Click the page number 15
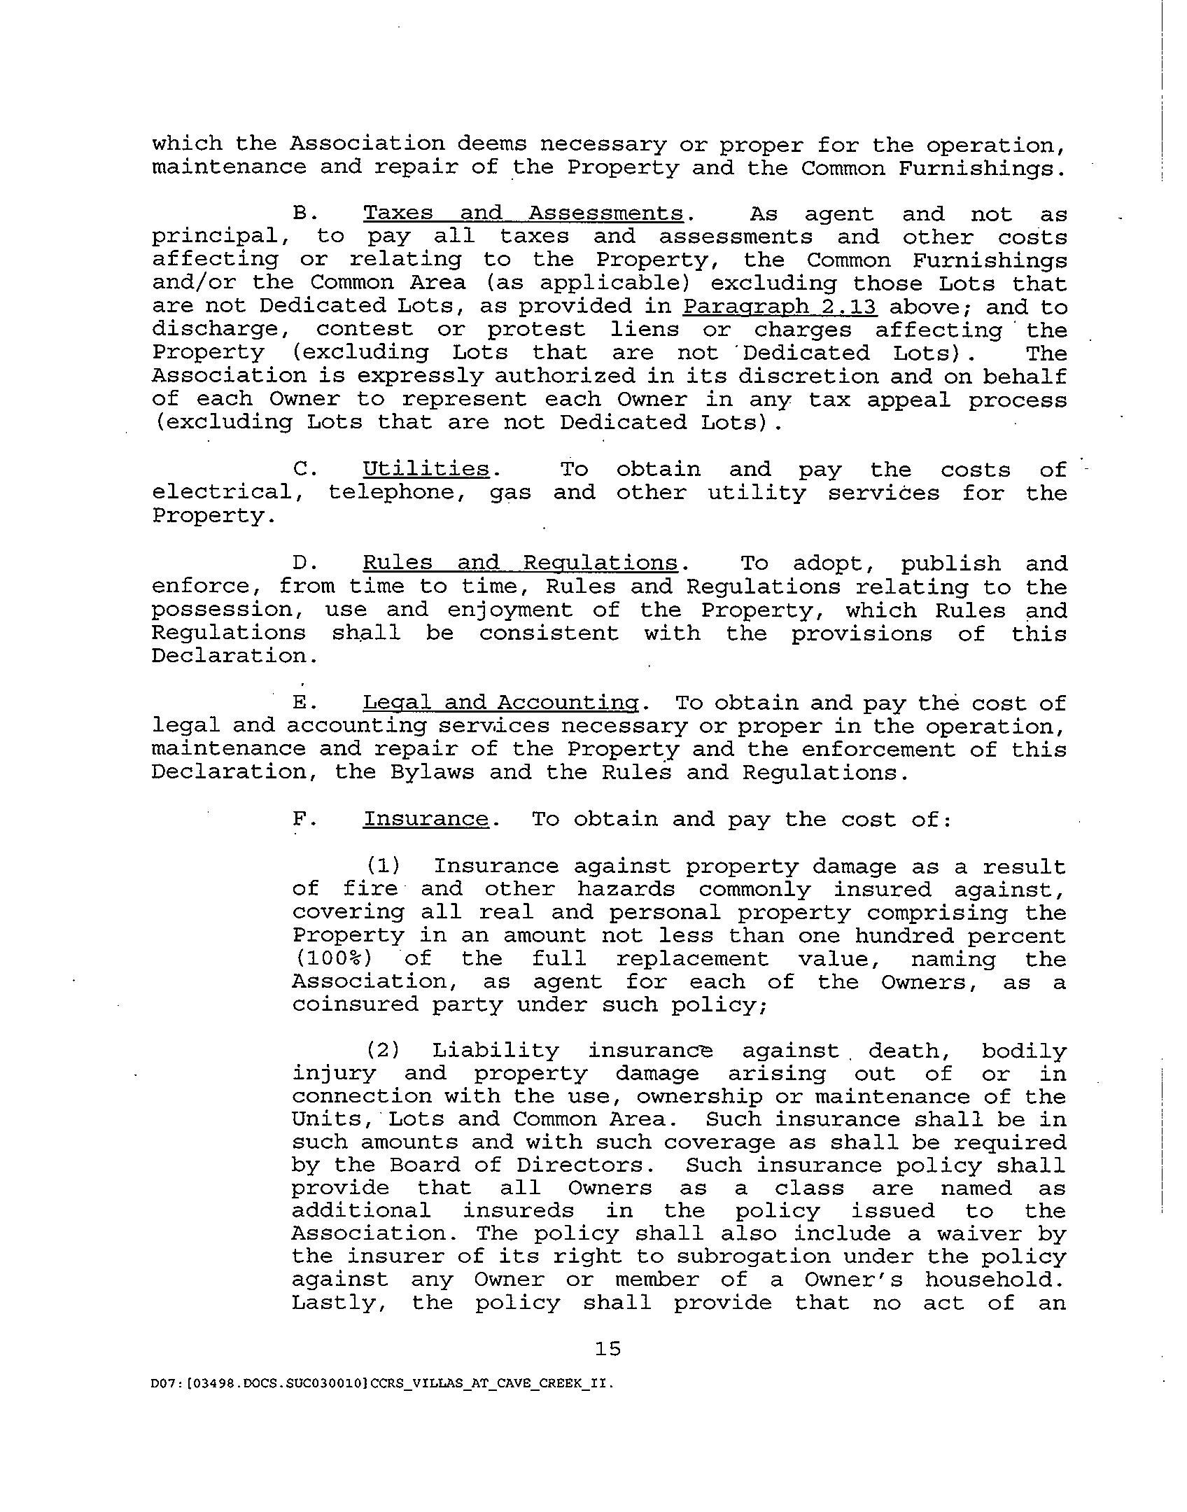607,1348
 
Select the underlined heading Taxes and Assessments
523,213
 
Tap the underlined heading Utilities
426,468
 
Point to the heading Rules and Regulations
520,563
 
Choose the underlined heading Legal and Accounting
501,702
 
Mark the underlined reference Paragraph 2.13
780,307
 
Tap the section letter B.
303,213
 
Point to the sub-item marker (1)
382,866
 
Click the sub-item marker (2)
382,1051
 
